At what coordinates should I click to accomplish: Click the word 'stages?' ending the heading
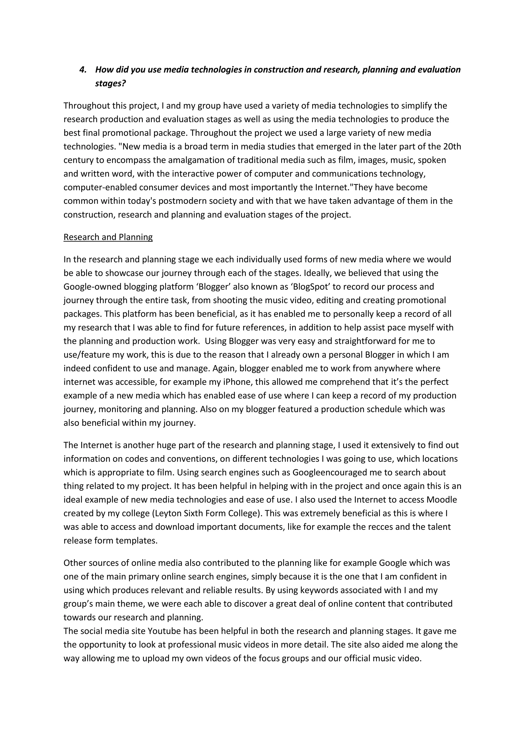coord(110,83)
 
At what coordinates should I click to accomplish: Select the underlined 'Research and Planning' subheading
coord(108,237)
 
